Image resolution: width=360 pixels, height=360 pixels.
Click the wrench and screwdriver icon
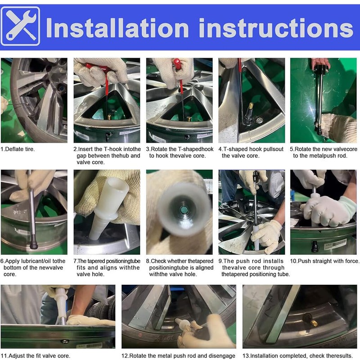pyautogui.click(x=20, y=26)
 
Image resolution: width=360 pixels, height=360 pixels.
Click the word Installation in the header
pyautogui.click(x=117, y=28)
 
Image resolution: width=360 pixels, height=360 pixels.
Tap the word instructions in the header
pyautogui.click(x=276, y=28)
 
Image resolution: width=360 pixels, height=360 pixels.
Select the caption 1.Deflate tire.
pyautogui.click(x=18, y=149)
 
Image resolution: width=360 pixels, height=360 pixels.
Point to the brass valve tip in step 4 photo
pyautogui.click(x=251, y=106)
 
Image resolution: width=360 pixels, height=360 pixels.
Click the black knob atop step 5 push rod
pyautogui.click(x=321, y=68)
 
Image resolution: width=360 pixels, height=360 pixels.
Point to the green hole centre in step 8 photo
pyautogui.click(x=184, y=210)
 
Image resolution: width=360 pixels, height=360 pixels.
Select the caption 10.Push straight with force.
pyautogui.click(x=324, y=261)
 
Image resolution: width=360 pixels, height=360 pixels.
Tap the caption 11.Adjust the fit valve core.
pyautogui.click(x=36, y=355)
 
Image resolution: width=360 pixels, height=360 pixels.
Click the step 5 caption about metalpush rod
pyautogui.click(x=324, y=152)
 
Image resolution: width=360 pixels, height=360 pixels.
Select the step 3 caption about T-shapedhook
pyautogui.click(x=180, y=152)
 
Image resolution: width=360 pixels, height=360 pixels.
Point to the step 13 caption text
pyautogui.click(x=297, y=355)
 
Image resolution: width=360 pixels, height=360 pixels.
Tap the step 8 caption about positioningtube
pyautogui.click(x=180, y=267)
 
